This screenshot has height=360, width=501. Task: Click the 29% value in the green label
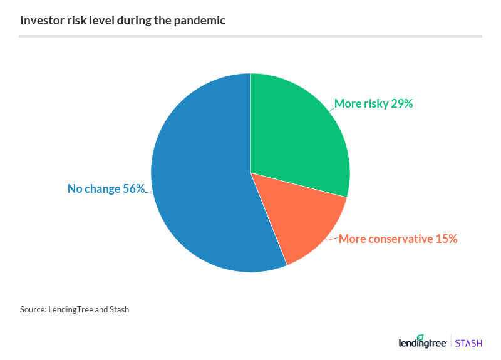(401, 104)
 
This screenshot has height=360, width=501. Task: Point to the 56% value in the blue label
(133, 188)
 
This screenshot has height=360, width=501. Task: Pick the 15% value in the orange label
(447, 239)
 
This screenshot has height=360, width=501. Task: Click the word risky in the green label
(376, 104)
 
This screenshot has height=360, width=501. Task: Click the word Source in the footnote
(33, 309)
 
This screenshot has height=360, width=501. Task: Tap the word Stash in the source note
(118, 309)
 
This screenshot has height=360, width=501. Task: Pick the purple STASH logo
(468, 343)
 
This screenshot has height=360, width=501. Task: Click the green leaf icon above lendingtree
(421, 336)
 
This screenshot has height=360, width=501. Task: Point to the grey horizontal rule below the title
(250, 36)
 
